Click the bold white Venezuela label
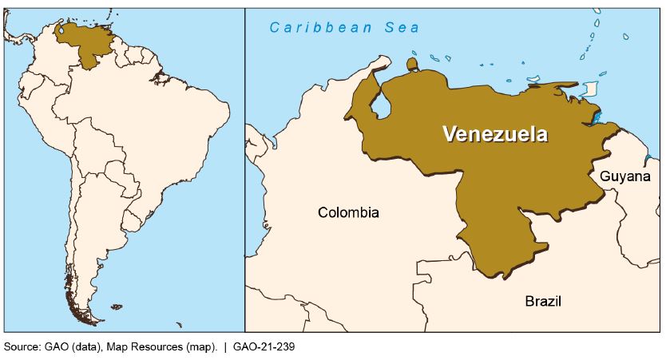(495, 134)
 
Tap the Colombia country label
(348, 212)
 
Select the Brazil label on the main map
(543, 301)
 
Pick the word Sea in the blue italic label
(402, 28)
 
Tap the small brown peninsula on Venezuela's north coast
(412, 63)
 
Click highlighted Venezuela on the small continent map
(86, 43)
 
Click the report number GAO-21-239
(264, 347)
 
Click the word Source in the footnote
(21, 347)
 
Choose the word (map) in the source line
(200, 347)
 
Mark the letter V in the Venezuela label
(450, 134)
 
